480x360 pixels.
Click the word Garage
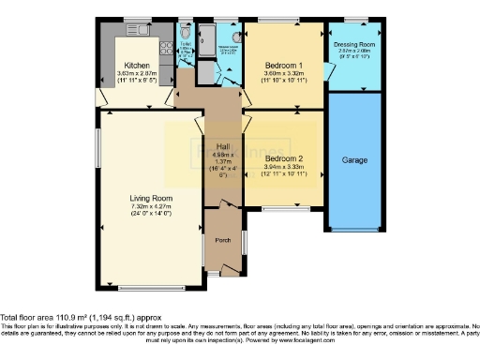pyautogui.click(x=353, y=160)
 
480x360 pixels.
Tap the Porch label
pyautogui.click(x=222, y=238)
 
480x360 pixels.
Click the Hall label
pyautogui.click(x=222, y=146)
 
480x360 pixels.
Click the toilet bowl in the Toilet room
pyautogui.click(x=184, y=30)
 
